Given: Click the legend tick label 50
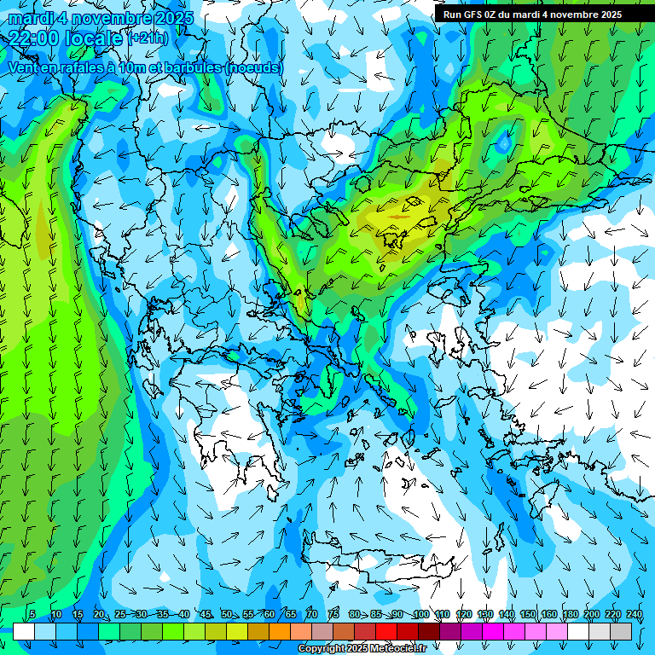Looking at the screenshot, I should (x=227, y=615).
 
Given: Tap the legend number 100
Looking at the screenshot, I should (x=420, y=615).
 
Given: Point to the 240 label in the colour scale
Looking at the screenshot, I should (x=635, y=615).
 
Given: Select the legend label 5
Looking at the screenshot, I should (x=32, y=615).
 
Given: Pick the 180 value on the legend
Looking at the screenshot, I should (x=570, y=615).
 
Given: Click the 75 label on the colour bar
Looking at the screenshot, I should (x=333, y=615).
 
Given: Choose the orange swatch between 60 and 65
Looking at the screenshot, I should (x=280, y=631).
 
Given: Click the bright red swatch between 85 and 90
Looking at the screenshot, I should (x=386, y=631).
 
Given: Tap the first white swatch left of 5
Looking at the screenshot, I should (x=24, y=631).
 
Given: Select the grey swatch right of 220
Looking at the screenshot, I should (x=621, y=631).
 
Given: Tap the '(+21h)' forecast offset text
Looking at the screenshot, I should (x=148, y=38).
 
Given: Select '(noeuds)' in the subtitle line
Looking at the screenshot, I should (x=253, y=67).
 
